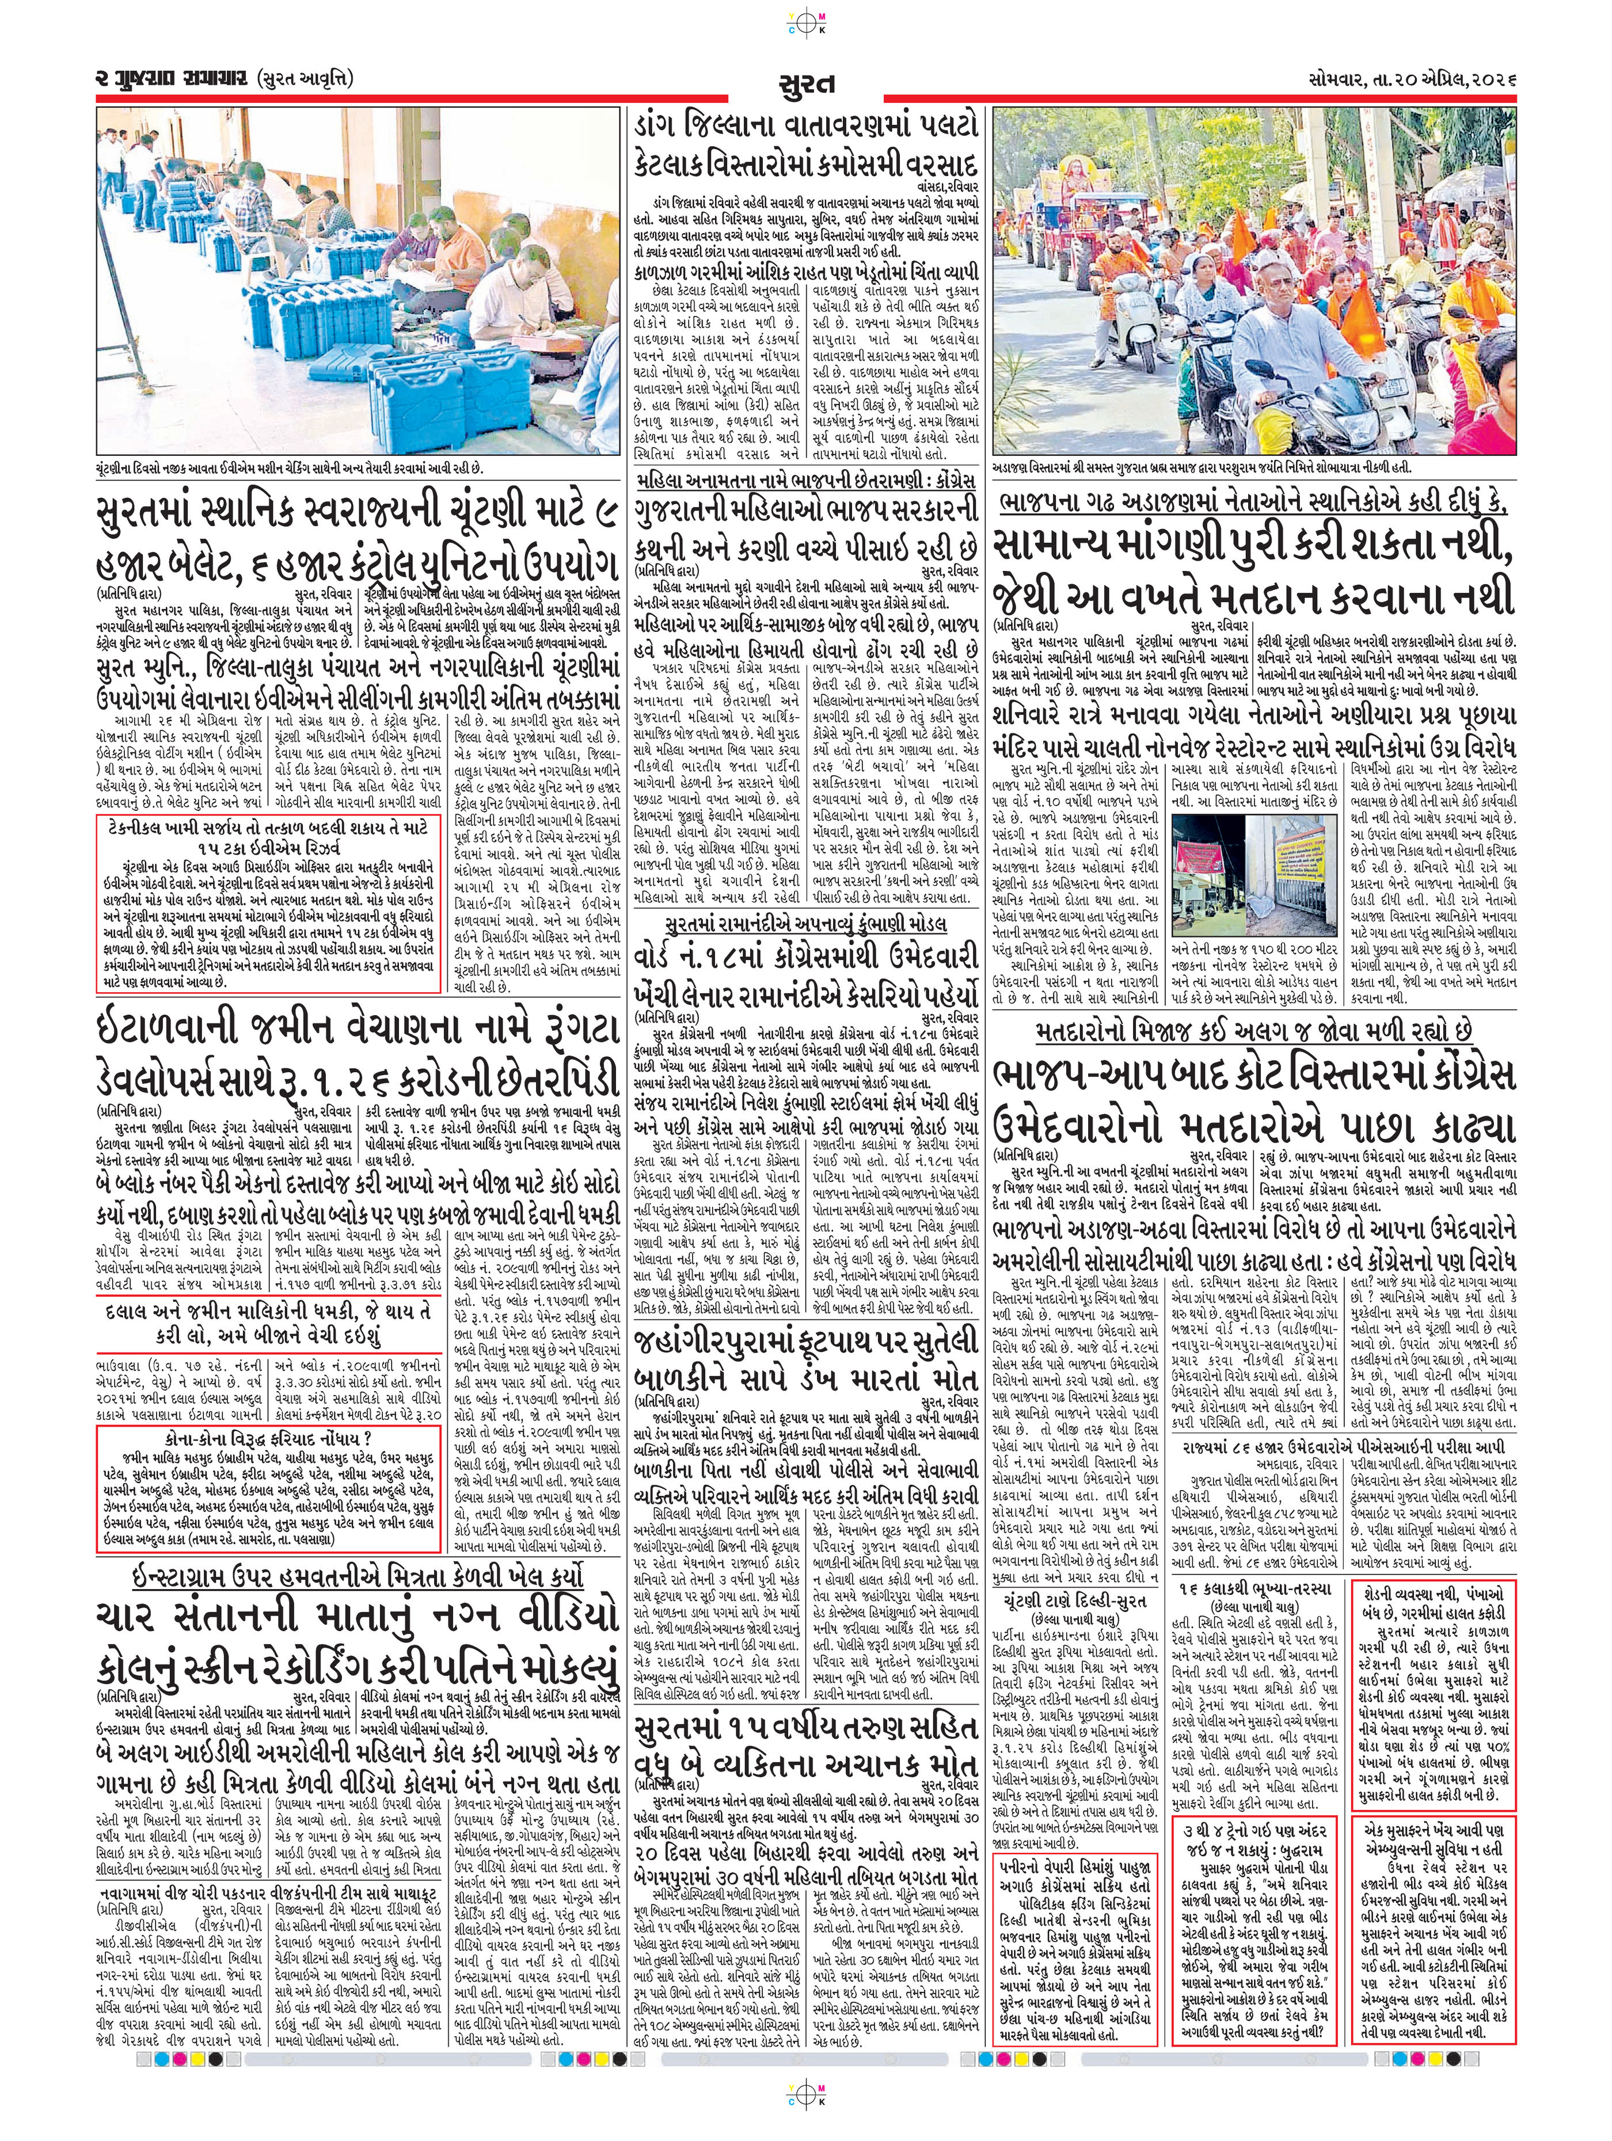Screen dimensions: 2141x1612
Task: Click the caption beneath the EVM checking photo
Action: (x=291, y=467)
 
